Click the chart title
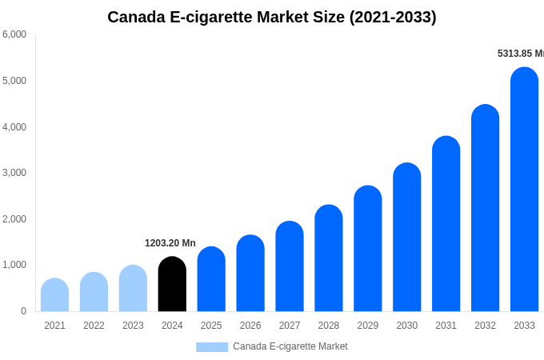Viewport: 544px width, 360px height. (x=272, y=17)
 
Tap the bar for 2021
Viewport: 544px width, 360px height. (x=54, y=295)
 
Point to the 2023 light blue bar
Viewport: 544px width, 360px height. (x=133, y=289)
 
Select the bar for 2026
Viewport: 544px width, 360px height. (x=250, y=274)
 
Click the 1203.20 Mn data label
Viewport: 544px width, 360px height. (x=170, y=243)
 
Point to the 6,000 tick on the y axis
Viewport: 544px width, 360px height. (x=14, y=34)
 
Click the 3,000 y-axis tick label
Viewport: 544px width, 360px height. (x=14, y=173)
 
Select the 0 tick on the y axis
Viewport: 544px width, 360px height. (x=23, y=311)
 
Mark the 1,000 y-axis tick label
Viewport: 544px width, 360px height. (x=14, y=265)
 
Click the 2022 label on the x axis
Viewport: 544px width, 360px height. (x=94, y=326)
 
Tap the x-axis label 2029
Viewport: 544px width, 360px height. (x=368, y=326)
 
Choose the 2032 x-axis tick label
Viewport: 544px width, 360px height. (x=485, y=326)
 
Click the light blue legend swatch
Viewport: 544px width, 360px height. (x=212, y=347)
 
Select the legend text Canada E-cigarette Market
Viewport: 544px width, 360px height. (x=290, y=346)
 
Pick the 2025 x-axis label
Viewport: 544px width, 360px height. (x=211, y=326)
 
